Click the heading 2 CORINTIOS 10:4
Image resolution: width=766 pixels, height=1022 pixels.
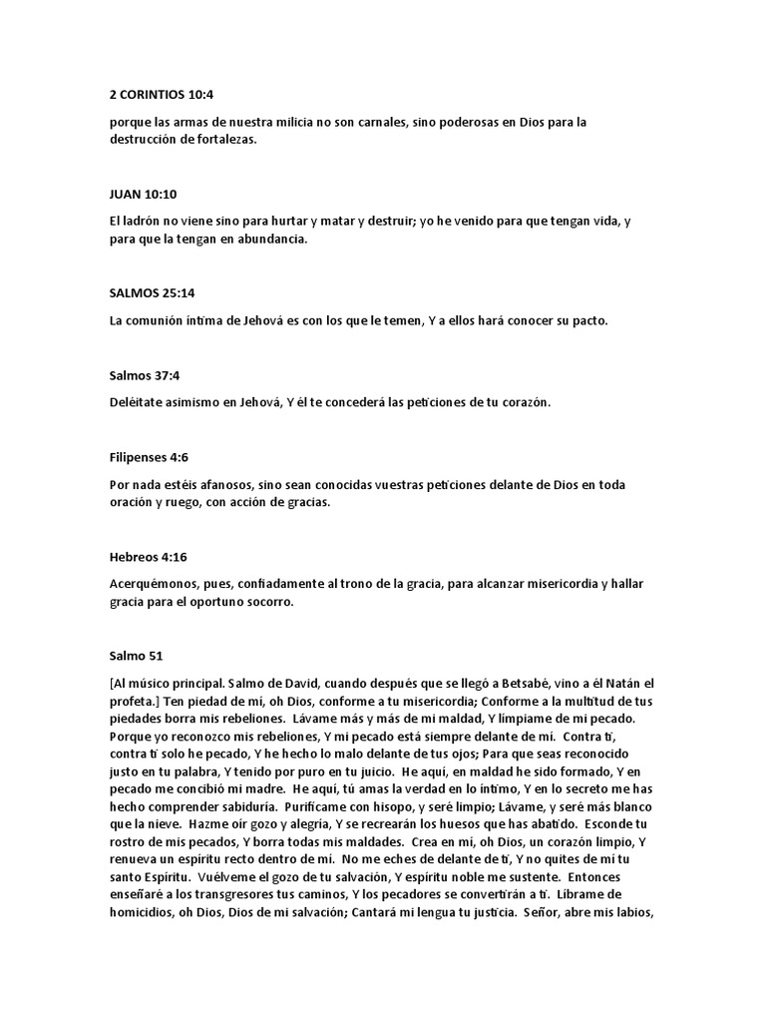click(x=162, y=96)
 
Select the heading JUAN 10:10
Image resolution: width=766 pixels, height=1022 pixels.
click(x=143, y=193)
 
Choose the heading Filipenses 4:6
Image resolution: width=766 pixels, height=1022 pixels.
click(x=149, y=457)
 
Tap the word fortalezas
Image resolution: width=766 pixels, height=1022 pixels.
click(x=222, y=141)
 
